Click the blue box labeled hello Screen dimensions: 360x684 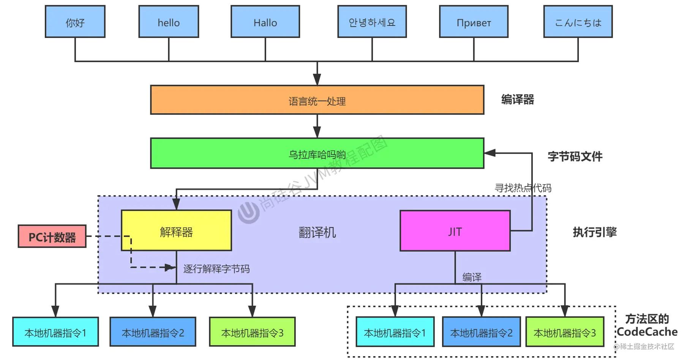[169, 22]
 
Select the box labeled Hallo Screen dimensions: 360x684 [265, 22]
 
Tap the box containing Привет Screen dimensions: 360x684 [474, 22]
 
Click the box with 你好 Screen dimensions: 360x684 [75, 22]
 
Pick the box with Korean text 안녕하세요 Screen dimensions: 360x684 [372, 22]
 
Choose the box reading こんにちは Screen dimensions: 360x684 [578, 22]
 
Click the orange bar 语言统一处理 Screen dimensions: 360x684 [317, 100]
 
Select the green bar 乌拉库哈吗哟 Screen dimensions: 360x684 [317, 153]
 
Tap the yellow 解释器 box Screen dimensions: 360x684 [176, 231]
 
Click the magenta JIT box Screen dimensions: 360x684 [455, 231]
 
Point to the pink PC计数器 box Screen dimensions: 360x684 [52, 237]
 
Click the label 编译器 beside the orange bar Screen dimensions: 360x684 [517, 99]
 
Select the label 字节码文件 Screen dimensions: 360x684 [575, 156]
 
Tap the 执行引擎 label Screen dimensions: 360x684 [594, 232]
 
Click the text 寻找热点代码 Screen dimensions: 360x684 [523, 188]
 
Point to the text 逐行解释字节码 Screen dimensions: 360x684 [216, 269]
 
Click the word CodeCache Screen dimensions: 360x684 [647, 332]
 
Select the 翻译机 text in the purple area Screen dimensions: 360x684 [317, 232]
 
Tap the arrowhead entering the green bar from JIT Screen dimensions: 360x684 [490, 153]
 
